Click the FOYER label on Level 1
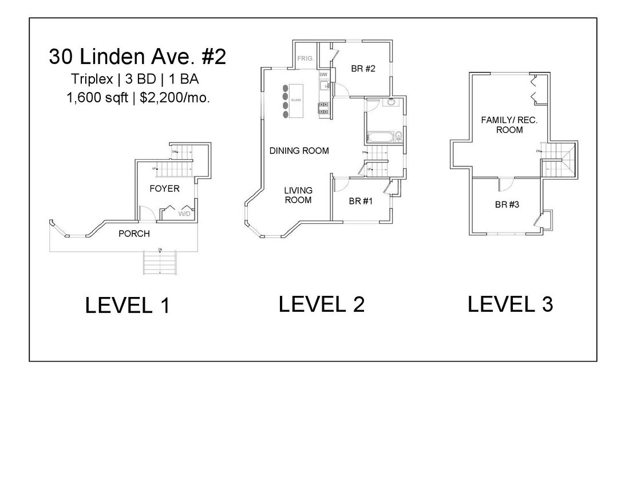click(x=164, y=188)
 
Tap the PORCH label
click(x=134, y=233)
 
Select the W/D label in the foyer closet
click(x=185, y=214)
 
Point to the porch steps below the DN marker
click(x=159, y=264)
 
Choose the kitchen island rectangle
click(x=296, y=101)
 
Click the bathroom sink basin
click(x=392, y=102)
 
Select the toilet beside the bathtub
click(x=398, y=136)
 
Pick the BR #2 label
click(x=363, y=69)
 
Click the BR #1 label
click(x=361, y=201)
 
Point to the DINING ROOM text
click(x=299, y=151)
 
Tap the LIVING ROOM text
click(x=298, y=195)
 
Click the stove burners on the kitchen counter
click(x=323, y=108)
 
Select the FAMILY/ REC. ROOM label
click(x=509, y=125)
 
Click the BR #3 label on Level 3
click(x=507, y=204)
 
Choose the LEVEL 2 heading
click(x=321, y=304)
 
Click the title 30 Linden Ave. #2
click(x=137, y=57)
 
